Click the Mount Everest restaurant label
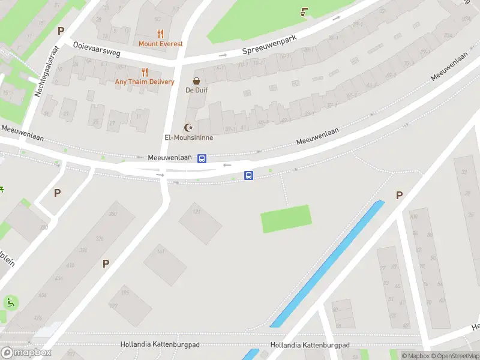(x=160, y=44)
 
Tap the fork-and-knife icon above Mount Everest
(x=160, y=34)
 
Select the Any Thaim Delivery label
(x=145, y=82)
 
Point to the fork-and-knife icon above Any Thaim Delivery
(x=145, y=72)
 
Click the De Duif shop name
(x=196, y=91)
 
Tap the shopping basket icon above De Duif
(x=196, y=80)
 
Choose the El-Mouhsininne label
(x=189, y=137)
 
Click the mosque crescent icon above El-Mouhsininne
(x=189, y=127)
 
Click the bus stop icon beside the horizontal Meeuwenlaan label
(x=202, y=158)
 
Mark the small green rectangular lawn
(x=286, y=218)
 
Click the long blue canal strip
(x=327, y=264)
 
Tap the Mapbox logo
(x=25, y=352)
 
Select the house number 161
(x=160, y=252)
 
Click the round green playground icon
(x=10, y=302)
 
